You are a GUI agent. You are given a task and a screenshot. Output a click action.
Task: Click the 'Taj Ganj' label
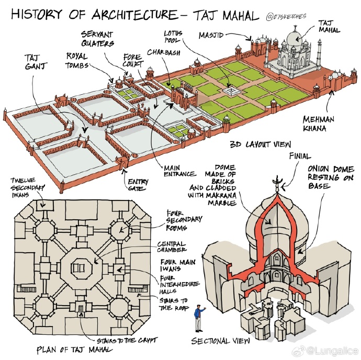point(36,62)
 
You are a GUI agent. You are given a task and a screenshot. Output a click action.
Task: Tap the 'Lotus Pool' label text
point(173,37)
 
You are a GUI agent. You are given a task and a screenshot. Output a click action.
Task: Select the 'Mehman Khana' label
point(319,123)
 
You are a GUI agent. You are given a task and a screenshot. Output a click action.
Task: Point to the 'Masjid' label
point(211,35)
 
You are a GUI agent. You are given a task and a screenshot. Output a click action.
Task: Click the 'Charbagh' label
point(164,52)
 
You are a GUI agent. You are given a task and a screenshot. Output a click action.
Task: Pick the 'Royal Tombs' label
point(77,61)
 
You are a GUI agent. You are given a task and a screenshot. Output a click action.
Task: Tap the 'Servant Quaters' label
point(97,39)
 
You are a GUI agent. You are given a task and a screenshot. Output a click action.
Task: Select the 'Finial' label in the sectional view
point(300,156)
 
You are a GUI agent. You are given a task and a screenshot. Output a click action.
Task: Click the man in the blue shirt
point(198,318)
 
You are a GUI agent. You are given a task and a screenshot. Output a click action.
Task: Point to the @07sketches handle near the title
point(286,17)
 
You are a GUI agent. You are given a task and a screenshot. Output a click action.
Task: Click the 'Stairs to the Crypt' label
point(127,340)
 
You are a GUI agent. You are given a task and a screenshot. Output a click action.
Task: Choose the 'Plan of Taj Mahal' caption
point(75,350)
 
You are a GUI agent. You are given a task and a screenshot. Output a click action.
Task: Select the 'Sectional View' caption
point(220,341)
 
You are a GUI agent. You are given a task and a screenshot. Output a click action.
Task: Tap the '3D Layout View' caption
point(261,144)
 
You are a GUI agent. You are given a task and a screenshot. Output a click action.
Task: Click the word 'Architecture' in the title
point(134,14)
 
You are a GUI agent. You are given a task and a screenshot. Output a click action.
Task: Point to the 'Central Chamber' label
point(172,246)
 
